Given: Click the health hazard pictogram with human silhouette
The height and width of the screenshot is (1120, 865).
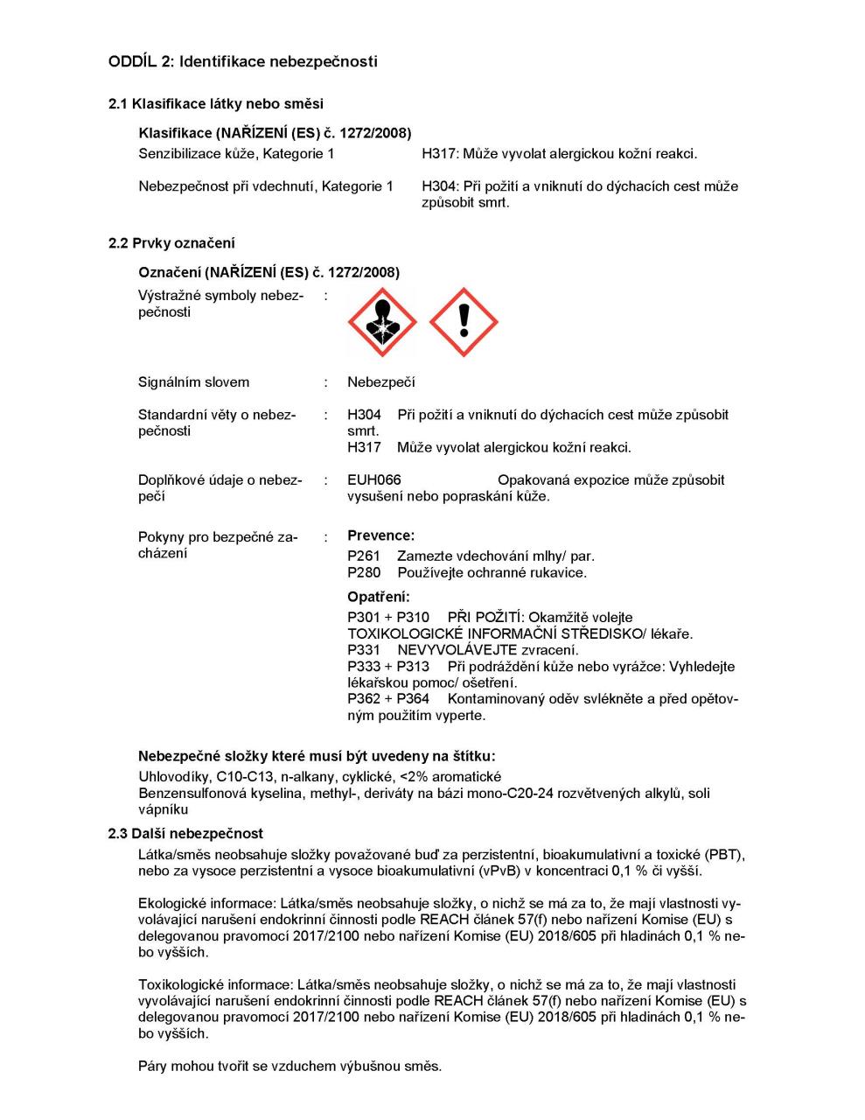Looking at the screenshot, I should pos(382,323).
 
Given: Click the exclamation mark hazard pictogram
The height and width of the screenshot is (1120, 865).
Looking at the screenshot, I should pos(464,323).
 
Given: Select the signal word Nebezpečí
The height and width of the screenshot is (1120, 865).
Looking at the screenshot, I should pos(380,382).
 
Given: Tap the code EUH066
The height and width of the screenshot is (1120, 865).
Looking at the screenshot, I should pos(373,480).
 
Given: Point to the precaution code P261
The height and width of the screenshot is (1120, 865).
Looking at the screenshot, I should pos(364,556).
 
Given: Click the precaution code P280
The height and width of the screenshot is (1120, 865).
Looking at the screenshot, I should pos(364,573).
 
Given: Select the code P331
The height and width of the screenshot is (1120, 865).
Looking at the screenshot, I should pos(364,650).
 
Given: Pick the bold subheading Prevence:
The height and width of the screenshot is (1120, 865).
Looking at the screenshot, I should pos(380,535).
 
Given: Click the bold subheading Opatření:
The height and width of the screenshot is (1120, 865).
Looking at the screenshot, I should pos(378,598).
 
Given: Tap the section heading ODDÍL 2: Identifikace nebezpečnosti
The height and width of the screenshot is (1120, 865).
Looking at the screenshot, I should pos(243,61).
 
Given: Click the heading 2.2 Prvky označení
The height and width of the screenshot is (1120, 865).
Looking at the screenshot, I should pos(171,243).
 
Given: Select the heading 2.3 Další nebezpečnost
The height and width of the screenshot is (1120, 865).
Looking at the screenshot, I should pos(185,834).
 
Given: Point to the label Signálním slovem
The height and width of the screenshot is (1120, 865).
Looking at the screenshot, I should pos(193,382).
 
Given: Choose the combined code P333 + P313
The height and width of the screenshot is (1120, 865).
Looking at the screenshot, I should pos(388,667).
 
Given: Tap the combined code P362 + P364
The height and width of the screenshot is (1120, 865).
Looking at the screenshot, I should pos(388,699).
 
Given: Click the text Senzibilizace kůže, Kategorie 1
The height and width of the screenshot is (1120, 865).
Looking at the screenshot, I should pos(236,154).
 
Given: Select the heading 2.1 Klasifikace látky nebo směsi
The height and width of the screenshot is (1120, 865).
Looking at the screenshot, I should pos(215,104).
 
